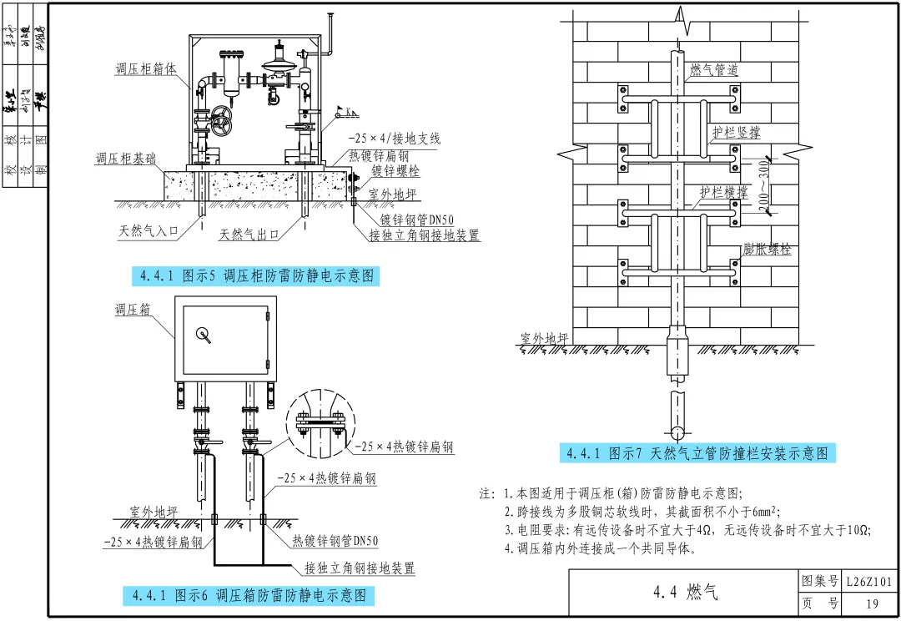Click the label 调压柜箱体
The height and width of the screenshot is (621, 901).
[146, 69]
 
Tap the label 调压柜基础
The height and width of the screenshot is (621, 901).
[125, 158]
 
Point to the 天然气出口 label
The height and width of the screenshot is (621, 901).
[249, 234]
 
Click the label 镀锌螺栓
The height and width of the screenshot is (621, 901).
[396, 170]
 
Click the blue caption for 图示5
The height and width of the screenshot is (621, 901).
[256, 276]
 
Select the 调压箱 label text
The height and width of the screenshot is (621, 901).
[133, 309]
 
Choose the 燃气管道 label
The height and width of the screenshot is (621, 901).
[713, 70]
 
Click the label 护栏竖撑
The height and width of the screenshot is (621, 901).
[736, 133]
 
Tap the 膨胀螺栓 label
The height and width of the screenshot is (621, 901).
[767, 250]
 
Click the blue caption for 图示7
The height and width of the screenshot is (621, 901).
[697, 453]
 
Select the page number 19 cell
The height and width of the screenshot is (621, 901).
[872, 603]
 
